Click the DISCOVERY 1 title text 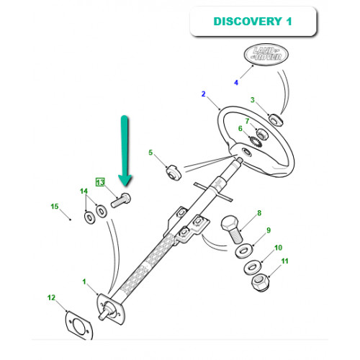tap(253, 21)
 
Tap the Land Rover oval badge tap(266, 54)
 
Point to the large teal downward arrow tap(125, 150)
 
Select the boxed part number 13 tap(100, 182)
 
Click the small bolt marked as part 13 tap(121, 200)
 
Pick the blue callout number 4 tap(236, 83)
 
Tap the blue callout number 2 tap(204, 94)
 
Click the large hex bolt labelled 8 tap(233, 229)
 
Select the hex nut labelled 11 tap(260, 282)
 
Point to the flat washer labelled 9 tap(243, 251)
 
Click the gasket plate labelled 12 tap(79, 326)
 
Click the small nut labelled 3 tap(276, 120)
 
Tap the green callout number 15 tap(55, 207)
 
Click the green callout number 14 tap(84, 192)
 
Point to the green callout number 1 tap(84, 282)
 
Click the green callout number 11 tap(284, 261)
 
